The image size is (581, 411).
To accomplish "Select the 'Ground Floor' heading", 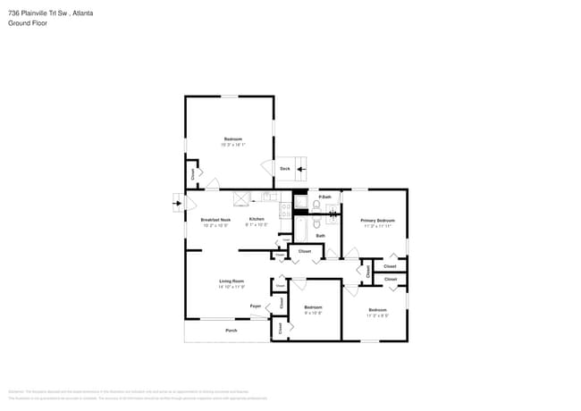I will [26, 23].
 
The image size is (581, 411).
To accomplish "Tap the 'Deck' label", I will [285, 168].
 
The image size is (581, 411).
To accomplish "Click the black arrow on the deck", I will [301, 168].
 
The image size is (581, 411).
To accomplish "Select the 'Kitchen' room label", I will [257, 219].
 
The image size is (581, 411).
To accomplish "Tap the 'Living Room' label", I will [231, 281].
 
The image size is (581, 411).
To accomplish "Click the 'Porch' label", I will [231, 330].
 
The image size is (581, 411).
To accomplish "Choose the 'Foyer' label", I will [255, 306].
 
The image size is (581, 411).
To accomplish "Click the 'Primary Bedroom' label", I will [377, 220].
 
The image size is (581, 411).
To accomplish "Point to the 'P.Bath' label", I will [325, 197].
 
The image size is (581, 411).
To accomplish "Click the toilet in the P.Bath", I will [316, 205].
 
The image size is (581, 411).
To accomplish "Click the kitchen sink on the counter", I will [265, 197].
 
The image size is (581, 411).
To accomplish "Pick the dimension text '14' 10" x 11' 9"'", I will [231, 287].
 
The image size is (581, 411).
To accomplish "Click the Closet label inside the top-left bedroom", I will [192, 173].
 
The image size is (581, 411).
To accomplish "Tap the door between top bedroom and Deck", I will [266, 168].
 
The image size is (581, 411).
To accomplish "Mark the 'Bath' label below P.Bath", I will [320, 236].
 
